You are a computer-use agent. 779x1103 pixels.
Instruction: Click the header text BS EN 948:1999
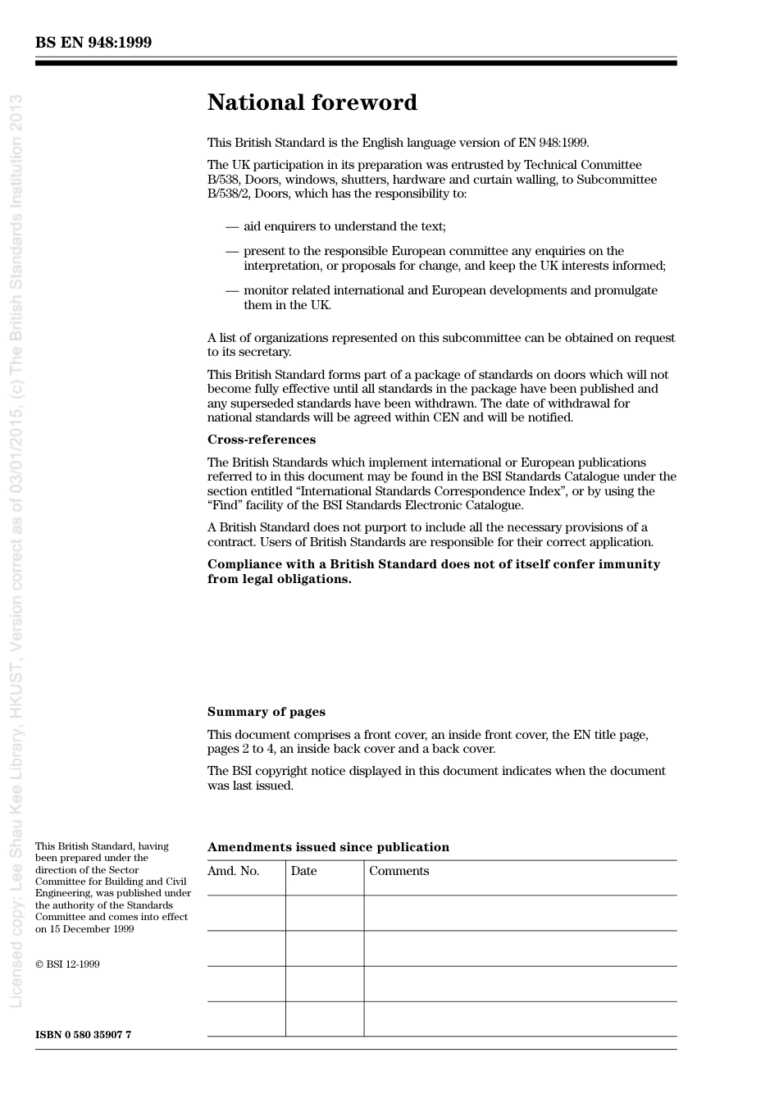[93, 43]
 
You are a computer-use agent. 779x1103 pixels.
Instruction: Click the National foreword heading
[312, 103]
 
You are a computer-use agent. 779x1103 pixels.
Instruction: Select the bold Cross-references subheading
[261, 440]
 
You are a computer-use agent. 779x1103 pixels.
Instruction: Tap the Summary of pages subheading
[266, 712]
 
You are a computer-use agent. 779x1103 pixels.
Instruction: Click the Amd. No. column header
[233, 871]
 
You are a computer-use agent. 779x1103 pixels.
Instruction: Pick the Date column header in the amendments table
[303, 871]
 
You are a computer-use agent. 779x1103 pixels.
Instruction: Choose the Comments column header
[399, 871]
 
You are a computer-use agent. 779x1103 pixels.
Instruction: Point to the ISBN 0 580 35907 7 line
[83, 1035]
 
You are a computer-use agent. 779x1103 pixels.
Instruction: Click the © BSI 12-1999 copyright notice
[67, 964]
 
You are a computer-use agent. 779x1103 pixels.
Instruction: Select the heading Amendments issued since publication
[328, 847]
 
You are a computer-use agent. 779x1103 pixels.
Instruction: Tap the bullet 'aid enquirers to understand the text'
[344, 226]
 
